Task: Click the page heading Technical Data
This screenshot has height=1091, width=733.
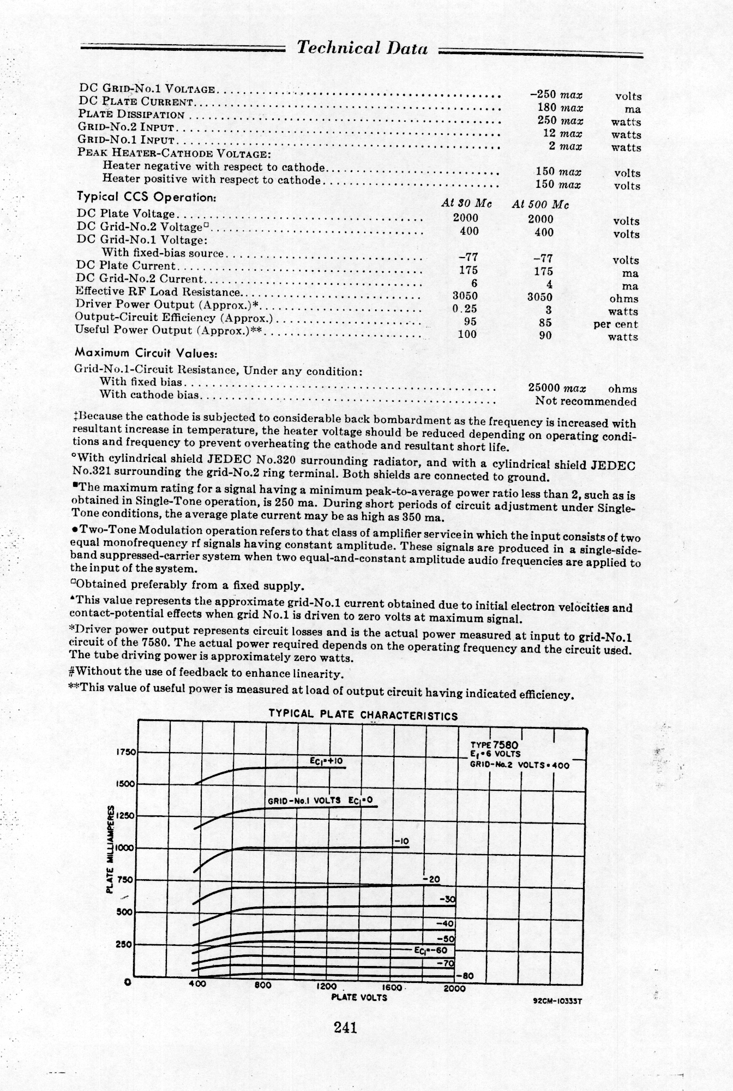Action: point(362,48)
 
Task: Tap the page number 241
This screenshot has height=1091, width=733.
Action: point(345,1028)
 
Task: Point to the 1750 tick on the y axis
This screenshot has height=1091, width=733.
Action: point(125,752)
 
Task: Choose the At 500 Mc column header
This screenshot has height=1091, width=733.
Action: point(540,205)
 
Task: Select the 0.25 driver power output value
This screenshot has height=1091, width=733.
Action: point(465,308)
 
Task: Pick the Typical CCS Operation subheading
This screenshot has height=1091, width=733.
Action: point(147,197)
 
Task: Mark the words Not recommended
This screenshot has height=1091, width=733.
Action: point(585,402)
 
